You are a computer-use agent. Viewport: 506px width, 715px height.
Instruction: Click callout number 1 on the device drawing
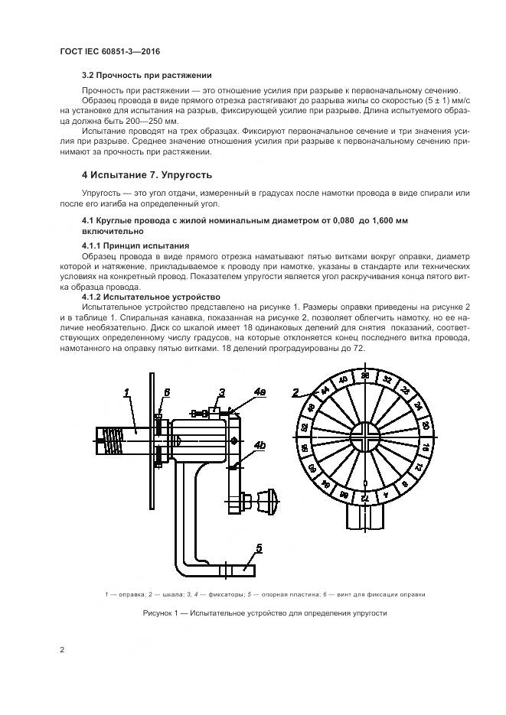pos(129,392)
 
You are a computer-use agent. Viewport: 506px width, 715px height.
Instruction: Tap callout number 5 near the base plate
pos(259,547)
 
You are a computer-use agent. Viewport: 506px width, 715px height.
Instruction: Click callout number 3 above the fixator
pos(220,392)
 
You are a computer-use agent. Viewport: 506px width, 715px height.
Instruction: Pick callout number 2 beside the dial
pos(295,393)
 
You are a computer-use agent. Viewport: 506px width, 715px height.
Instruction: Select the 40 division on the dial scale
pos(344,380)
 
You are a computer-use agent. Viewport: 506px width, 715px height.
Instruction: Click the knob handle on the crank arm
pos(269,502)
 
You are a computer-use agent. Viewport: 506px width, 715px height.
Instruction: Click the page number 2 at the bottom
pos(62,650)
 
